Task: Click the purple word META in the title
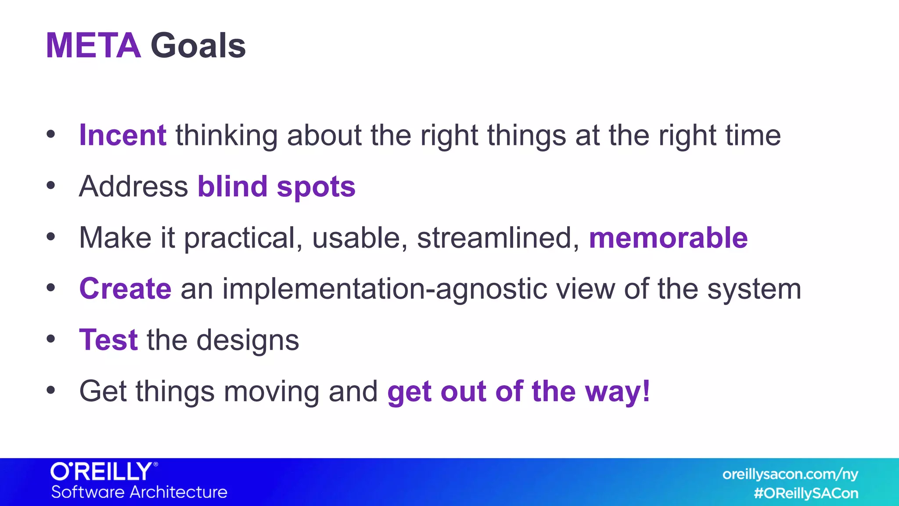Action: (93, 46)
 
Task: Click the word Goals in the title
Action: (198, 46)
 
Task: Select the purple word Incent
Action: (122, 135)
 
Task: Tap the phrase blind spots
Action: (276, 187)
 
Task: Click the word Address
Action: (133, 187)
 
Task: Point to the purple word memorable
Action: (668, 238)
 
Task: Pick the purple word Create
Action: (125, 289)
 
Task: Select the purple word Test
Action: (108, 340)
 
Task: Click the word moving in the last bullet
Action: (271, 392)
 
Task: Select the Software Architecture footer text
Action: (139, 492)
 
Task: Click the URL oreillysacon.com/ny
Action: (790, 474)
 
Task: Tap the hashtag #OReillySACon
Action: (806, 493)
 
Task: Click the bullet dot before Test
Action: (51, 339)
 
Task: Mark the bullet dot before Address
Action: (51, 185)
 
